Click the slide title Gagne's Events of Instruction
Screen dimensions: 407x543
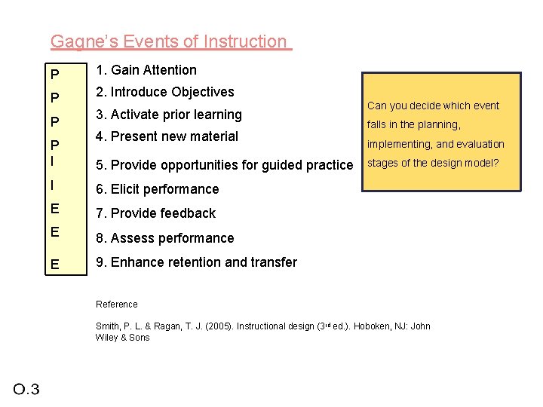click(170, 41)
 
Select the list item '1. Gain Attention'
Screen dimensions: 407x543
click(146, 70)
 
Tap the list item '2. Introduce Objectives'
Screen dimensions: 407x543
click(164, 92)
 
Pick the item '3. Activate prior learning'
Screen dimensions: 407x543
click(168, 115)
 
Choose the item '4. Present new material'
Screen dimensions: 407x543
click(167, 136)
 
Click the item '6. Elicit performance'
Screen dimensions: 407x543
click(157, 189)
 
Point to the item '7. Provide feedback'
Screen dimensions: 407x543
click(155, 213)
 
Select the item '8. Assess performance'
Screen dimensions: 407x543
click(164, 238)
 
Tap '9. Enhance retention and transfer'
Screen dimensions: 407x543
click(196, 262)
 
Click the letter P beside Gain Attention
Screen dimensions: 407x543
click(54, 75)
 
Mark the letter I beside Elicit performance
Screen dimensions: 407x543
click(53, 185)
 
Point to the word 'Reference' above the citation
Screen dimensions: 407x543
click(117, 304)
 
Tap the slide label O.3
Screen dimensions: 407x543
click(26, 389)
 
